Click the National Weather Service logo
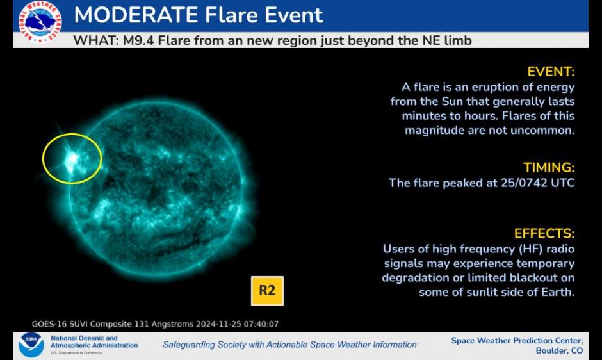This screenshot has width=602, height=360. pyautogui.click(x=40, y=21)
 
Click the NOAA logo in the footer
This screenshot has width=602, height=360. pyautogui.click(x=31, y=345)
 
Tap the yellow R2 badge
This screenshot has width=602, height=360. pyautogui.click(x=267, y=291)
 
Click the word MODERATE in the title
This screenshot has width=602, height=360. pyautogui.click(x=136, y=15)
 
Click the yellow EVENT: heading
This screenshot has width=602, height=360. pyautogui.click(x=551, y=72)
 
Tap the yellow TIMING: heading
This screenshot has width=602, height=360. pyautogui.click(x=549, y=168)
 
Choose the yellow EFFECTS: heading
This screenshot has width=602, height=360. pyautogui.click(x=544, y=234)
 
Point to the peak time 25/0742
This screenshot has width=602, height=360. pyautogui.click(x=524, y=183)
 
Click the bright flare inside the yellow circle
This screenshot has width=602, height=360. pyautogui.click(x=72, y=159)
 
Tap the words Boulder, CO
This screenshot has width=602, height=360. pyautogui.click(x=559, y=351)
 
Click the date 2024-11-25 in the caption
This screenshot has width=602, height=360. pyautogui.click(x=218, y=324)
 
